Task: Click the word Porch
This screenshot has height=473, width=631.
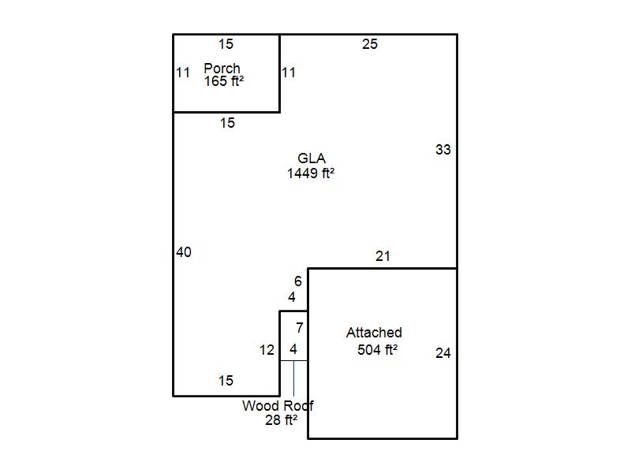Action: [222, 69]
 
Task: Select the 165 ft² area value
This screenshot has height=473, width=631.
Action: [224, 81]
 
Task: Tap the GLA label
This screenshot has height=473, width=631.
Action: [312, 159]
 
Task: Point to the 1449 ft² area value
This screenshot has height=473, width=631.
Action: [311, 173]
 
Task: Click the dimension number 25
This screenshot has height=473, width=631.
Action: [370, 44]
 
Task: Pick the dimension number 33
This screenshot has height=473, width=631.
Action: [443, 149]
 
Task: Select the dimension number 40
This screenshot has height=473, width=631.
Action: [184, 253]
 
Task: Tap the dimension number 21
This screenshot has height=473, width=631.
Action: [383, 256]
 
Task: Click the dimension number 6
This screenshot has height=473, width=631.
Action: [298, 281]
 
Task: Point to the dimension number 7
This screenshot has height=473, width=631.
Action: [300, 328]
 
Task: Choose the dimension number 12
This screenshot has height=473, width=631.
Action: [267, 350]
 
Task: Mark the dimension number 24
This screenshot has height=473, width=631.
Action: [443, 353]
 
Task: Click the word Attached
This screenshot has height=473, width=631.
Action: [374, 333]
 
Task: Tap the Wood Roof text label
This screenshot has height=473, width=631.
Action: [278, 407]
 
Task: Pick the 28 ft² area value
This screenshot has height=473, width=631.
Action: [282, 421]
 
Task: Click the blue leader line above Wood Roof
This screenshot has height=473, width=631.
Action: [293, 378]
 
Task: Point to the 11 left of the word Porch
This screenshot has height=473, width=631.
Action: [183, 73]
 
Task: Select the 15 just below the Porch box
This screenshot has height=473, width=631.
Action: [227, 123]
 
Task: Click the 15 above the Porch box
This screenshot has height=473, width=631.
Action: [226, 44]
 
